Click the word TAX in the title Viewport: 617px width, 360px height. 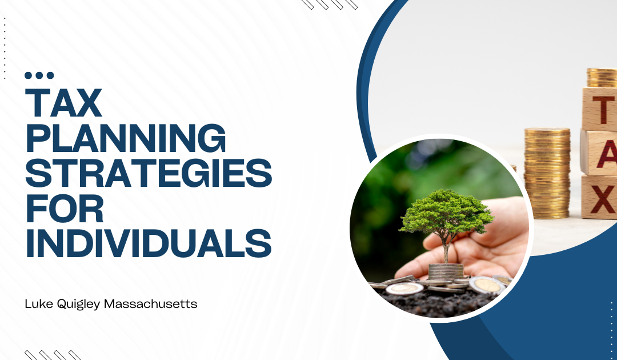[64, 103]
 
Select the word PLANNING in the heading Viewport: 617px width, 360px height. [126, 138]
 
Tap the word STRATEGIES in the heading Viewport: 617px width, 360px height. [149, 173]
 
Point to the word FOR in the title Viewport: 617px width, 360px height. [65, 208]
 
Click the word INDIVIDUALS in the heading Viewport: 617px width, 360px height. [149, 243]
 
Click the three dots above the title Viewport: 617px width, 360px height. [39, 75]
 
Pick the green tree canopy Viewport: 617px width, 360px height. [446, 213]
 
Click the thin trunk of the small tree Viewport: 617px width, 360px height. [446, 250]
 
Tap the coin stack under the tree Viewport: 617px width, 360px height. [446, 272]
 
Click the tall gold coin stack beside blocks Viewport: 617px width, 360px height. [547, 173]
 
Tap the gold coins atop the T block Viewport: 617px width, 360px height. [603, 78]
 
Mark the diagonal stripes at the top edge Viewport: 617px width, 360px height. [330, 5]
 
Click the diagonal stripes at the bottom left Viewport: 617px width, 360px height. [53, 355]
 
